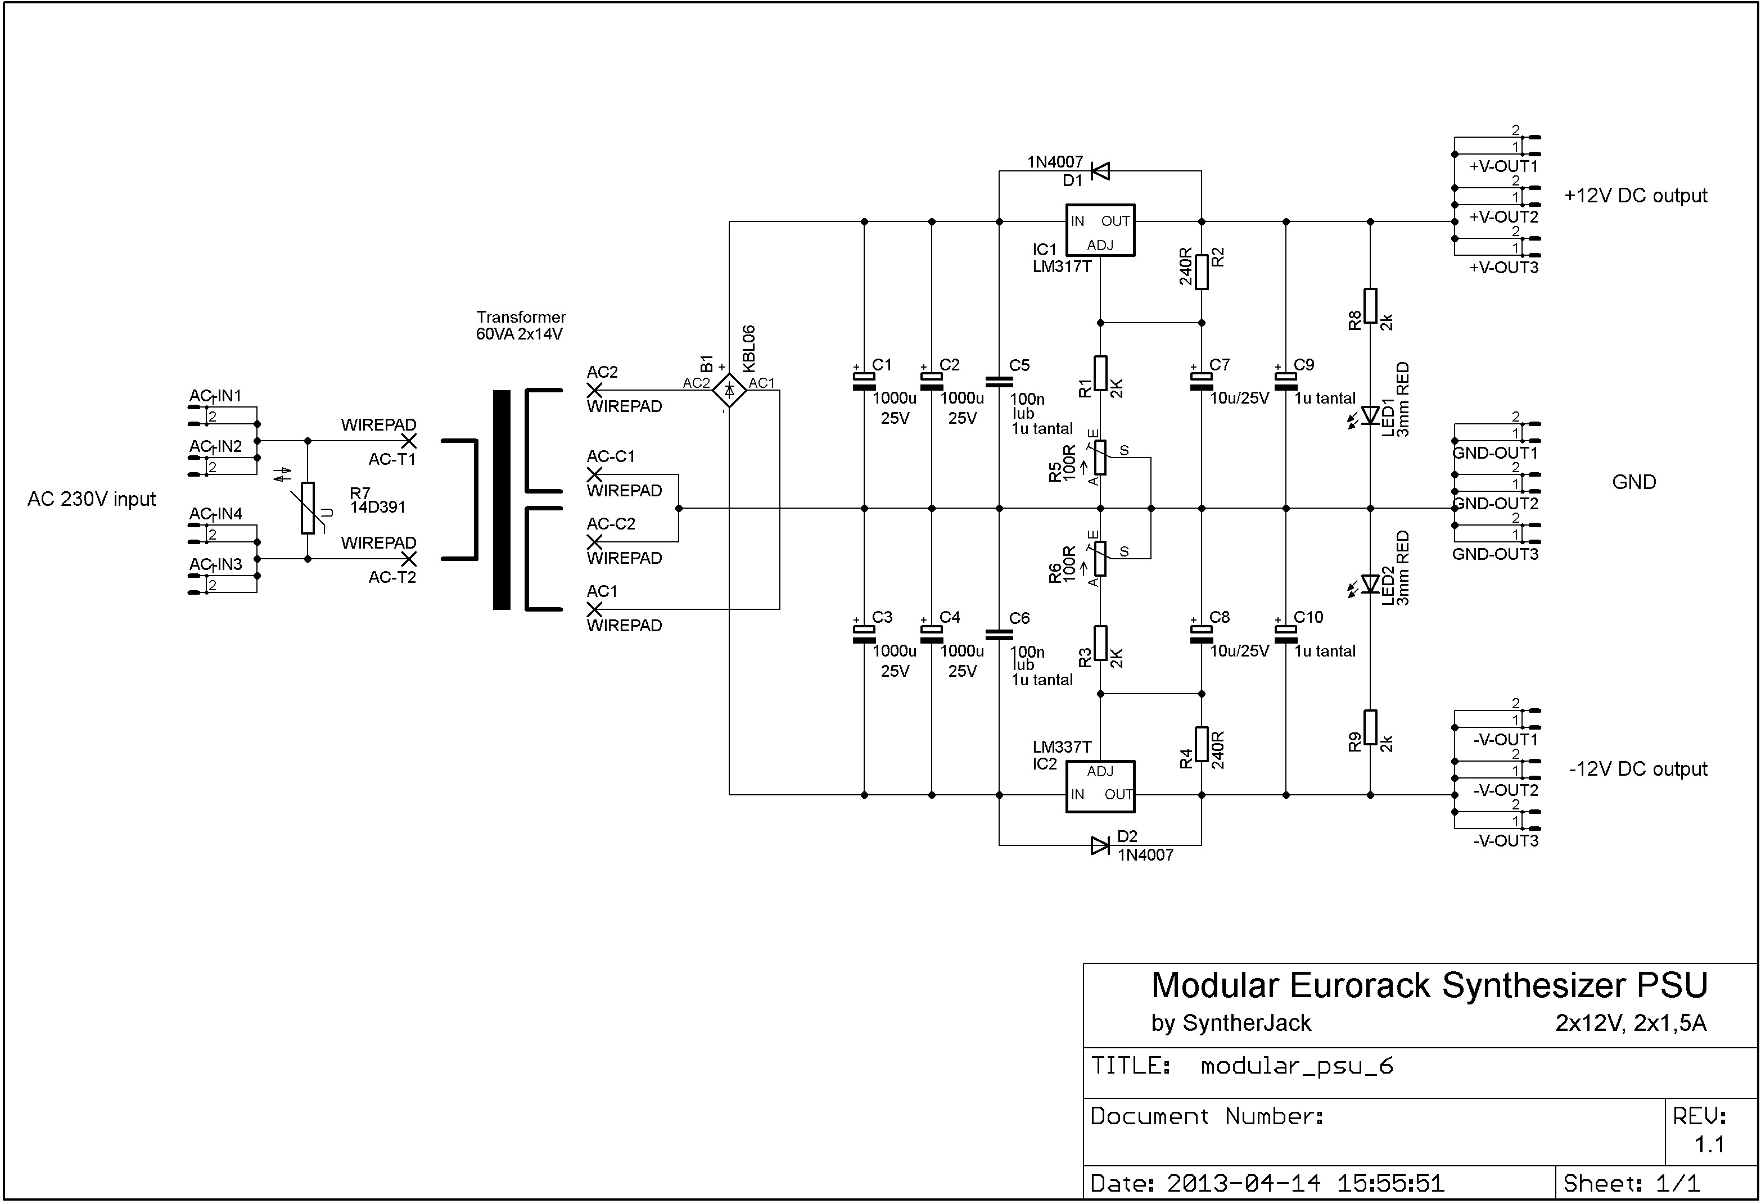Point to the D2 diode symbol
click(x=1100, y=845)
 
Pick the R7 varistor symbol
click(x=308, y=508)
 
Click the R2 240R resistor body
click(x=1202, y=272)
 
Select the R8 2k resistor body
click(x=1370, y=305)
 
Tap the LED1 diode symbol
click(x=1370, y=415)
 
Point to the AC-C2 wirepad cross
click(x=595, y=542)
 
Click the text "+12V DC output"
click(x=1635, y=196)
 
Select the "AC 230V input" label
click(x=92, y=499)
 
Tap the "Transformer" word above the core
click(x=521, y=316)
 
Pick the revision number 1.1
click(x=1709, y=1144)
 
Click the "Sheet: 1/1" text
click(x=1632, y=1183)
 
